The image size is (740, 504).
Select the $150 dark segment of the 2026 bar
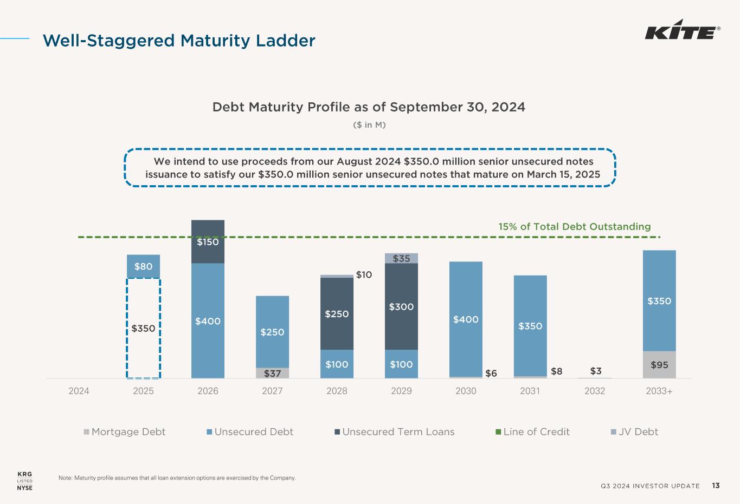[208, 241]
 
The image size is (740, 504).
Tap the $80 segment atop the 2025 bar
[143, 266]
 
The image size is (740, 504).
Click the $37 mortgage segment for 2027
[272, 373]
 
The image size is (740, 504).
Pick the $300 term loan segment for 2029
[401, 306]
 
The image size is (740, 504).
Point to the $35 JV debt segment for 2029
[401, 258]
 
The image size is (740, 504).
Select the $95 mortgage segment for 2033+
[659, 364]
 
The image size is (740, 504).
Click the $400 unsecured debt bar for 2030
[466, 319]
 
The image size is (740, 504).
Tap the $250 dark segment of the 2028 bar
[337, 313]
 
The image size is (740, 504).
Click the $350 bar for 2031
[530, 326]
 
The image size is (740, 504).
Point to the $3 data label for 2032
[596, 371]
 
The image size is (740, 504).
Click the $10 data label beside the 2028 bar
[364, 275]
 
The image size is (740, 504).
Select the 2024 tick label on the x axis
[79, 391]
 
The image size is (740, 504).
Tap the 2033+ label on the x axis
[659, 391]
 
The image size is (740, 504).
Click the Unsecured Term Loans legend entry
[394, 431]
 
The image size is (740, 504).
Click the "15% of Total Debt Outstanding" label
[575, 226]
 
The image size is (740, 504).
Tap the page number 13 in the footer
[716, 486]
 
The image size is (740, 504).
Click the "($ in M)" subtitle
[369, 125]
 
